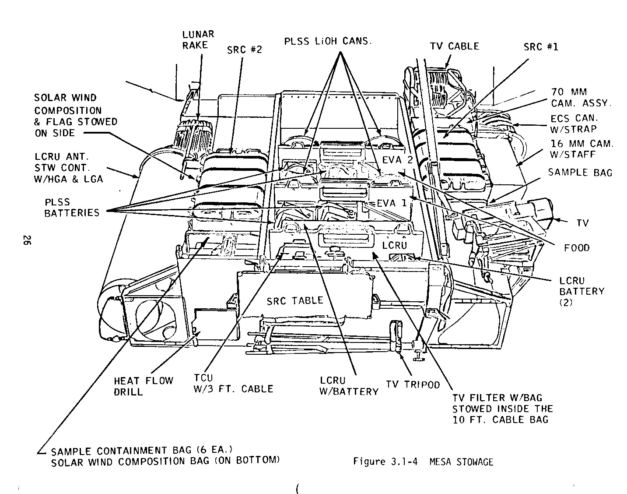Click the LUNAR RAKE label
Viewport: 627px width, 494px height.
198,39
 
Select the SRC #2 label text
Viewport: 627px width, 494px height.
245,49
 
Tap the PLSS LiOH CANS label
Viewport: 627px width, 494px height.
328,42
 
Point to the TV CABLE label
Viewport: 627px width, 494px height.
454,46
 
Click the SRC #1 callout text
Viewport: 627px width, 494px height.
541,46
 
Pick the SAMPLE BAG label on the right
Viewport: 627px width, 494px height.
580,172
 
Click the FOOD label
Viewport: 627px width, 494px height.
577,248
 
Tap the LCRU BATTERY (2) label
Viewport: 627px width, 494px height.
581,291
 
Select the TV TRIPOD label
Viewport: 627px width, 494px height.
413,384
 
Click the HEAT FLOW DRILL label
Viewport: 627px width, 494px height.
144,386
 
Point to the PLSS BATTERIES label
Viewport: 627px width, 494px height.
72,208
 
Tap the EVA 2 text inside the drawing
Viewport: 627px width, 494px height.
397,159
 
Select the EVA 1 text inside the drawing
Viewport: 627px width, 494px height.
391,203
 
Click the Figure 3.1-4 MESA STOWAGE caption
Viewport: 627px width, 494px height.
423,462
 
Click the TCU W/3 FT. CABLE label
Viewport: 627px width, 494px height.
233,383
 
